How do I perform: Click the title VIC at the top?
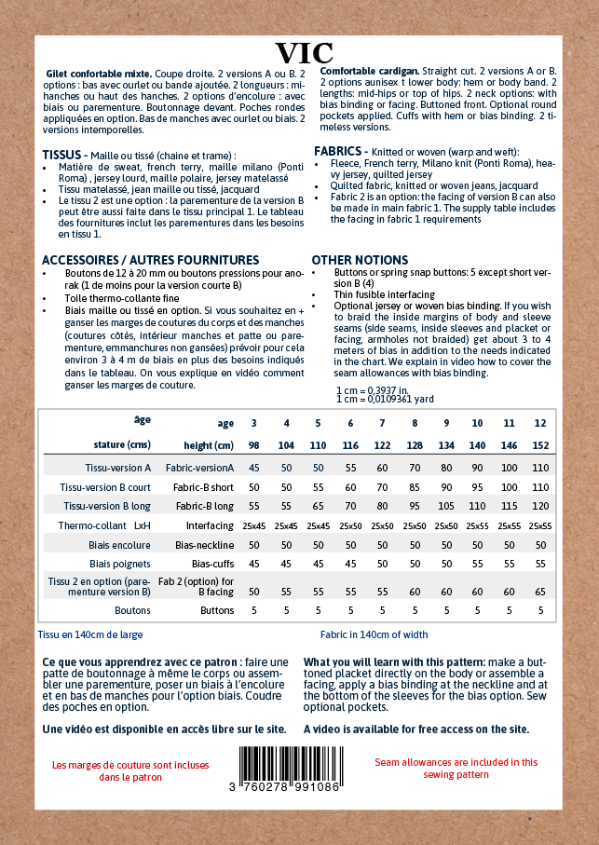pos(305,53)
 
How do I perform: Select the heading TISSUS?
pos(66,155)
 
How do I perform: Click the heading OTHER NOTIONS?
pos(360,260)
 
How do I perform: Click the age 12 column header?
pos(540,423)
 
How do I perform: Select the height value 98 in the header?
pos(253,444)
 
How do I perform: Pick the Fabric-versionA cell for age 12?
pos(540,468)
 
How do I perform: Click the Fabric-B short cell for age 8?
pos(414,487)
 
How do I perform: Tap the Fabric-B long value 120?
pos(540,506)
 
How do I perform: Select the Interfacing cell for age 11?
pos(509,526)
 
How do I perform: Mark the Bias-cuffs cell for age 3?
pos(253,564)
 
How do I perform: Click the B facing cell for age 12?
pos(540,592)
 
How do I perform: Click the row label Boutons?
pos(132,611)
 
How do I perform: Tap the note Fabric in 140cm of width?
pos(374,634)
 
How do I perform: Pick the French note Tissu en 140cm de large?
pos(90,634)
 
